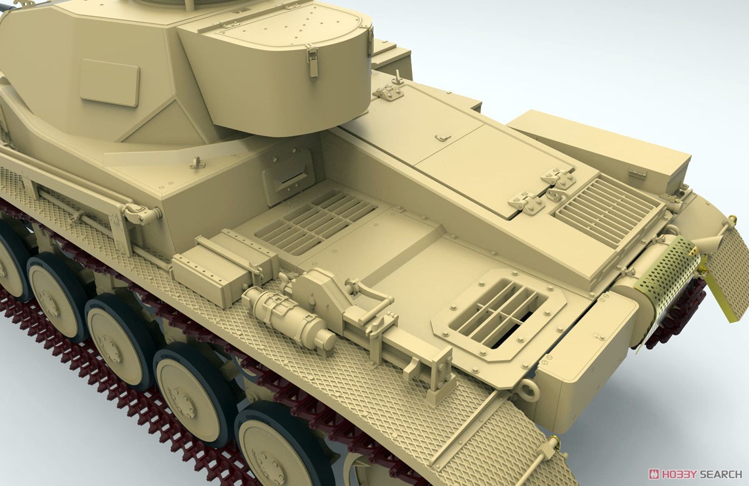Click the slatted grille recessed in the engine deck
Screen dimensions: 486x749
point(316,222)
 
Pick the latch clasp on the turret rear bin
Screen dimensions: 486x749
point(312,62)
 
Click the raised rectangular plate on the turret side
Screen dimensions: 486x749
point(109,82)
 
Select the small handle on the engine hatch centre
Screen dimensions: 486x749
point(443,137)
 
